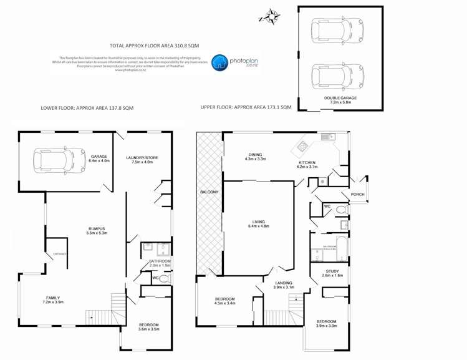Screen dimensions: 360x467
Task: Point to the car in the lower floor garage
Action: (60, 159)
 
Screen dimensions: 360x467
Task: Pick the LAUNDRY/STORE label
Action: (142, 157)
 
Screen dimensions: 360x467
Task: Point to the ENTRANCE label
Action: (59, 254)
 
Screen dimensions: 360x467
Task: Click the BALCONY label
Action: (209, 192)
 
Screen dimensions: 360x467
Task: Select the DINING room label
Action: (255, 154)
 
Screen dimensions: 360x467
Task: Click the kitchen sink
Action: (327, 137)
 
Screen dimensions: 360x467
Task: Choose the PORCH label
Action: (358, 194)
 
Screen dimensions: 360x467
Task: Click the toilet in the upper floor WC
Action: (340, 209)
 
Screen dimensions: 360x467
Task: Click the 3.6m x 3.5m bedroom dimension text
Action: (148, 329)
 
